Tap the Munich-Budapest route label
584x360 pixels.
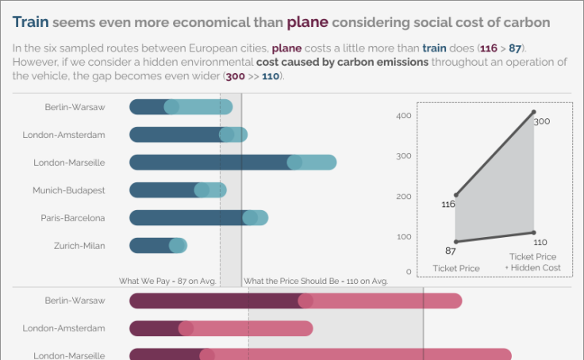click(x=68, y=190)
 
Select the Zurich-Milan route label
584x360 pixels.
click(x=79, y=246)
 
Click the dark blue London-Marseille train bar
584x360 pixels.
click(x=210, y=163)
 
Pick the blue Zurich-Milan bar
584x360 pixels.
click(x=151, y=246)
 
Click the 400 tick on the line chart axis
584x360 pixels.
click(x=404, y=116)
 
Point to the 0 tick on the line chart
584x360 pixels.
click(x=409, y=272)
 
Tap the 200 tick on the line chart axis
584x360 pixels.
click(x=404, y=196)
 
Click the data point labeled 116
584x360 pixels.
click(x=455, y=195)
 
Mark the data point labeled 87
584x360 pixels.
click(x=455, y=241)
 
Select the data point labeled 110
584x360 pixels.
click(x=533, y=232)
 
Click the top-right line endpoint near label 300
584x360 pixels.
click(x=533, y=113)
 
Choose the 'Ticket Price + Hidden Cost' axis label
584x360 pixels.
click(x=532, y=262)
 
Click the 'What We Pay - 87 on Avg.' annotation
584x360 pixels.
click(x=167, y=281)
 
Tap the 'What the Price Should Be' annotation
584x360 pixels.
click(x=315, y=281)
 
